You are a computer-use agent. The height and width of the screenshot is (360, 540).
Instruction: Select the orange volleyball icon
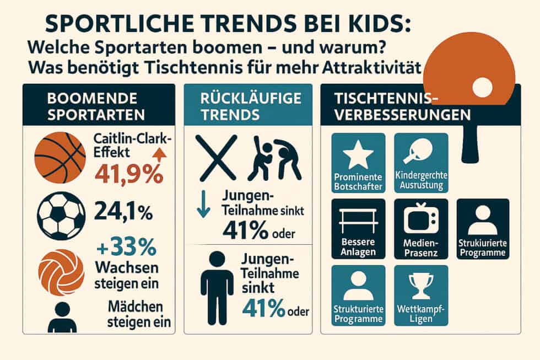61,272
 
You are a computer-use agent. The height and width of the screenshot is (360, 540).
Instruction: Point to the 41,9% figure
128,174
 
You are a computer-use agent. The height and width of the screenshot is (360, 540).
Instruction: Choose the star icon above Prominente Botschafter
358,156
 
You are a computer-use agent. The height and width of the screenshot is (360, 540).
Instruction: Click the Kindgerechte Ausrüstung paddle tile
421,162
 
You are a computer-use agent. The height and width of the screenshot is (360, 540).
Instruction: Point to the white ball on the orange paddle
482,87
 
